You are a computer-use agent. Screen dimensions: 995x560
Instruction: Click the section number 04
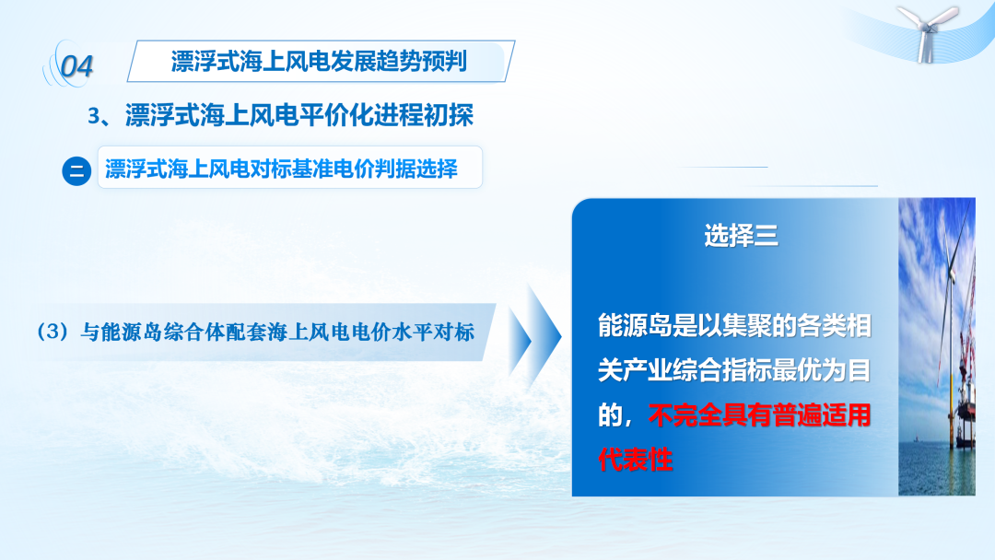point(76,66)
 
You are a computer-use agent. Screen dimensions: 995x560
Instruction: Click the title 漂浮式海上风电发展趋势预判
point(319,62)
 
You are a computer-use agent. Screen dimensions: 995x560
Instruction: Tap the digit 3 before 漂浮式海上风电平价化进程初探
point(94,116)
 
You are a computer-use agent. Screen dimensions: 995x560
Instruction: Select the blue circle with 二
point(76,171)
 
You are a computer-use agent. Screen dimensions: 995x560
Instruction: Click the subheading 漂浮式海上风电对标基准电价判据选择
point(281,169)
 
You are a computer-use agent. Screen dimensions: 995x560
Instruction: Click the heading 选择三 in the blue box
point(741,235)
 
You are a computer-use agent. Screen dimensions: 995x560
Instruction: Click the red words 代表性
point(635,460)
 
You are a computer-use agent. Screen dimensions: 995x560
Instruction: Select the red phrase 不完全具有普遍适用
point(759,415)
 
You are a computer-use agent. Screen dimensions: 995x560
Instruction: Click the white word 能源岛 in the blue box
point(635,326)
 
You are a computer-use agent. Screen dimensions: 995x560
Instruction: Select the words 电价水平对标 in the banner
point(413,332)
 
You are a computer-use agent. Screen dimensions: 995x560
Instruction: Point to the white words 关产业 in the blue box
point(635,370)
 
